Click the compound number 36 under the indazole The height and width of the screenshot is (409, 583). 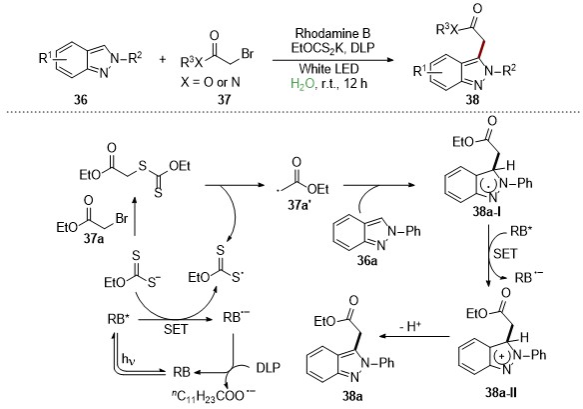click(x=80, y=99)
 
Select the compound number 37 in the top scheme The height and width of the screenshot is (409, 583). click(x=225, y=99)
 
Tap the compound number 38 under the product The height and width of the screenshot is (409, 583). click(x=472, y=100)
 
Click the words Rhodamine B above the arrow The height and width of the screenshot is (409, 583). click(x=332, y=34)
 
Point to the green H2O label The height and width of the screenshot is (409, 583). click(x=301, y=84)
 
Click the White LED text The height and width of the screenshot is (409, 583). click(x=329, y=69)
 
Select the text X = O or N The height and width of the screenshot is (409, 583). click(x=210, y=82)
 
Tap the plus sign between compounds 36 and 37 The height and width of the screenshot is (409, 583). click(x=162, y=59)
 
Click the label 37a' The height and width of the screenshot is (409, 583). click(x=299, y=205)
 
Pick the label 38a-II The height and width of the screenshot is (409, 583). click(x=500, y=392)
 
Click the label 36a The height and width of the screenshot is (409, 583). click(x=367, y=260)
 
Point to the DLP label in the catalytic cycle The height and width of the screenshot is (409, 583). click(x=269, y=368)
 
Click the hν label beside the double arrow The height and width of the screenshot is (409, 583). click(x=129, y=359)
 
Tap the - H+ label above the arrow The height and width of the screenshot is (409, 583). click(x=410, y=326)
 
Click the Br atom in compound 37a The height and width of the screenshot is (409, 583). click(x=122, y=218)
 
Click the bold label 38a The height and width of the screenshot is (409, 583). click(x=352, y=396)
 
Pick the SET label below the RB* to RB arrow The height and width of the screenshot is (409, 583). click(x=176, y=329)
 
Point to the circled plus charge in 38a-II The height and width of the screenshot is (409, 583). click(x=502, y=356)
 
